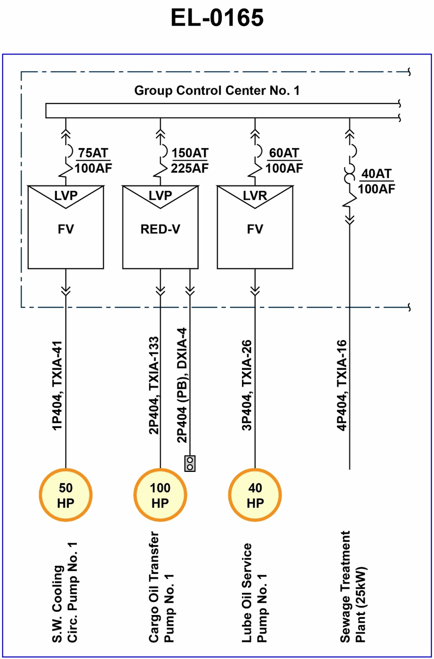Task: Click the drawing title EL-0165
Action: pos(217,18)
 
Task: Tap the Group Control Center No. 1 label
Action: pos(217,91)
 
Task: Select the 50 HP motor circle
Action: pos(66,495)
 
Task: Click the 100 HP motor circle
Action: pos(161,495)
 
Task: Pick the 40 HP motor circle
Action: pos(255,495)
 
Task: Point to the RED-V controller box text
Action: pos(161,229)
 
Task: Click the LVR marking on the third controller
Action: pos(255,195)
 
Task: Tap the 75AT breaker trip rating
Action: pos(93,153)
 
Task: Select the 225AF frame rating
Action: pos(190,168)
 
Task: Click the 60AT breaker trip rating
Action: pos(284,153)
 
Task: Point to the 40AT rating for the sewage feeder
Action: pos(376,174)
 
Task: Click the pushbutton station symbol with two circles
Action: pos(190,463)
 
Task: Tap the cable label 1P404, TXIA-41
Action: pos(57,386)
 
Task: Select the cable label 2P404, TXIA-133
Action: pos(154,386)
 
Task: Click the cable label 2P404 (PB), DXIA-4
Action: pos(182,386)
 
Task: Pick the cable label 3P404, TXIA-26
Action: pos(247,386)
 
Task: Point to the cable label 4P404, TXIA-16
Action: pos(342,386)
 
